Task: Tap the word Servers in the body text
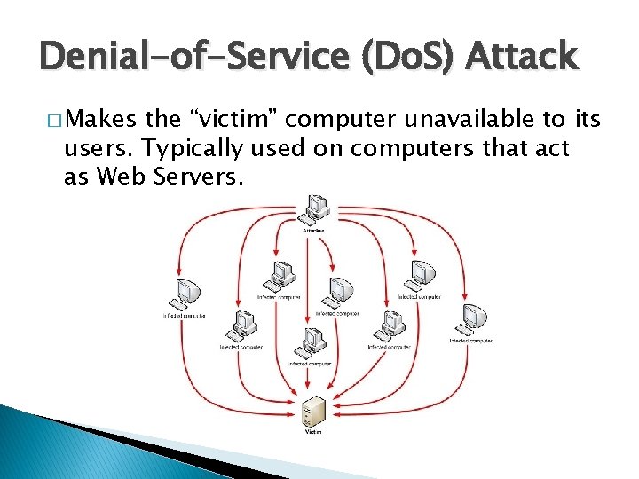click(196, 177)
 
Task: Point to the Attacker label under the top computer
click(313, 231)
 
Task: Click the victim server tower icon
click(313, 412)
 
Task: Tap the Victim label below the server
click(313, 432)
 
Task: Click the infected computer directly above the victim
click(311, 343)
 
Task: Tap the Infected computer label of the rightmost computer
click(470, 341)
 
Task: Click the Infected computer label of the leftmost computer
click(185, 316)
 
